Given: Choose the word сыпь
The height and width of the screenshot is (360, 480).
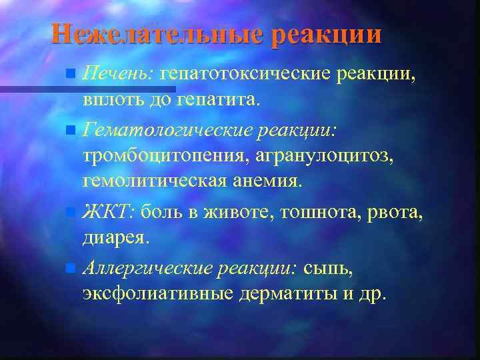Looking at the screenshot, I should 327,268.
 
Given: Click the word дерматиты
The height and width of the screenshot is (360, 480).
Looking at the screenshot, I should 285,294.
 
